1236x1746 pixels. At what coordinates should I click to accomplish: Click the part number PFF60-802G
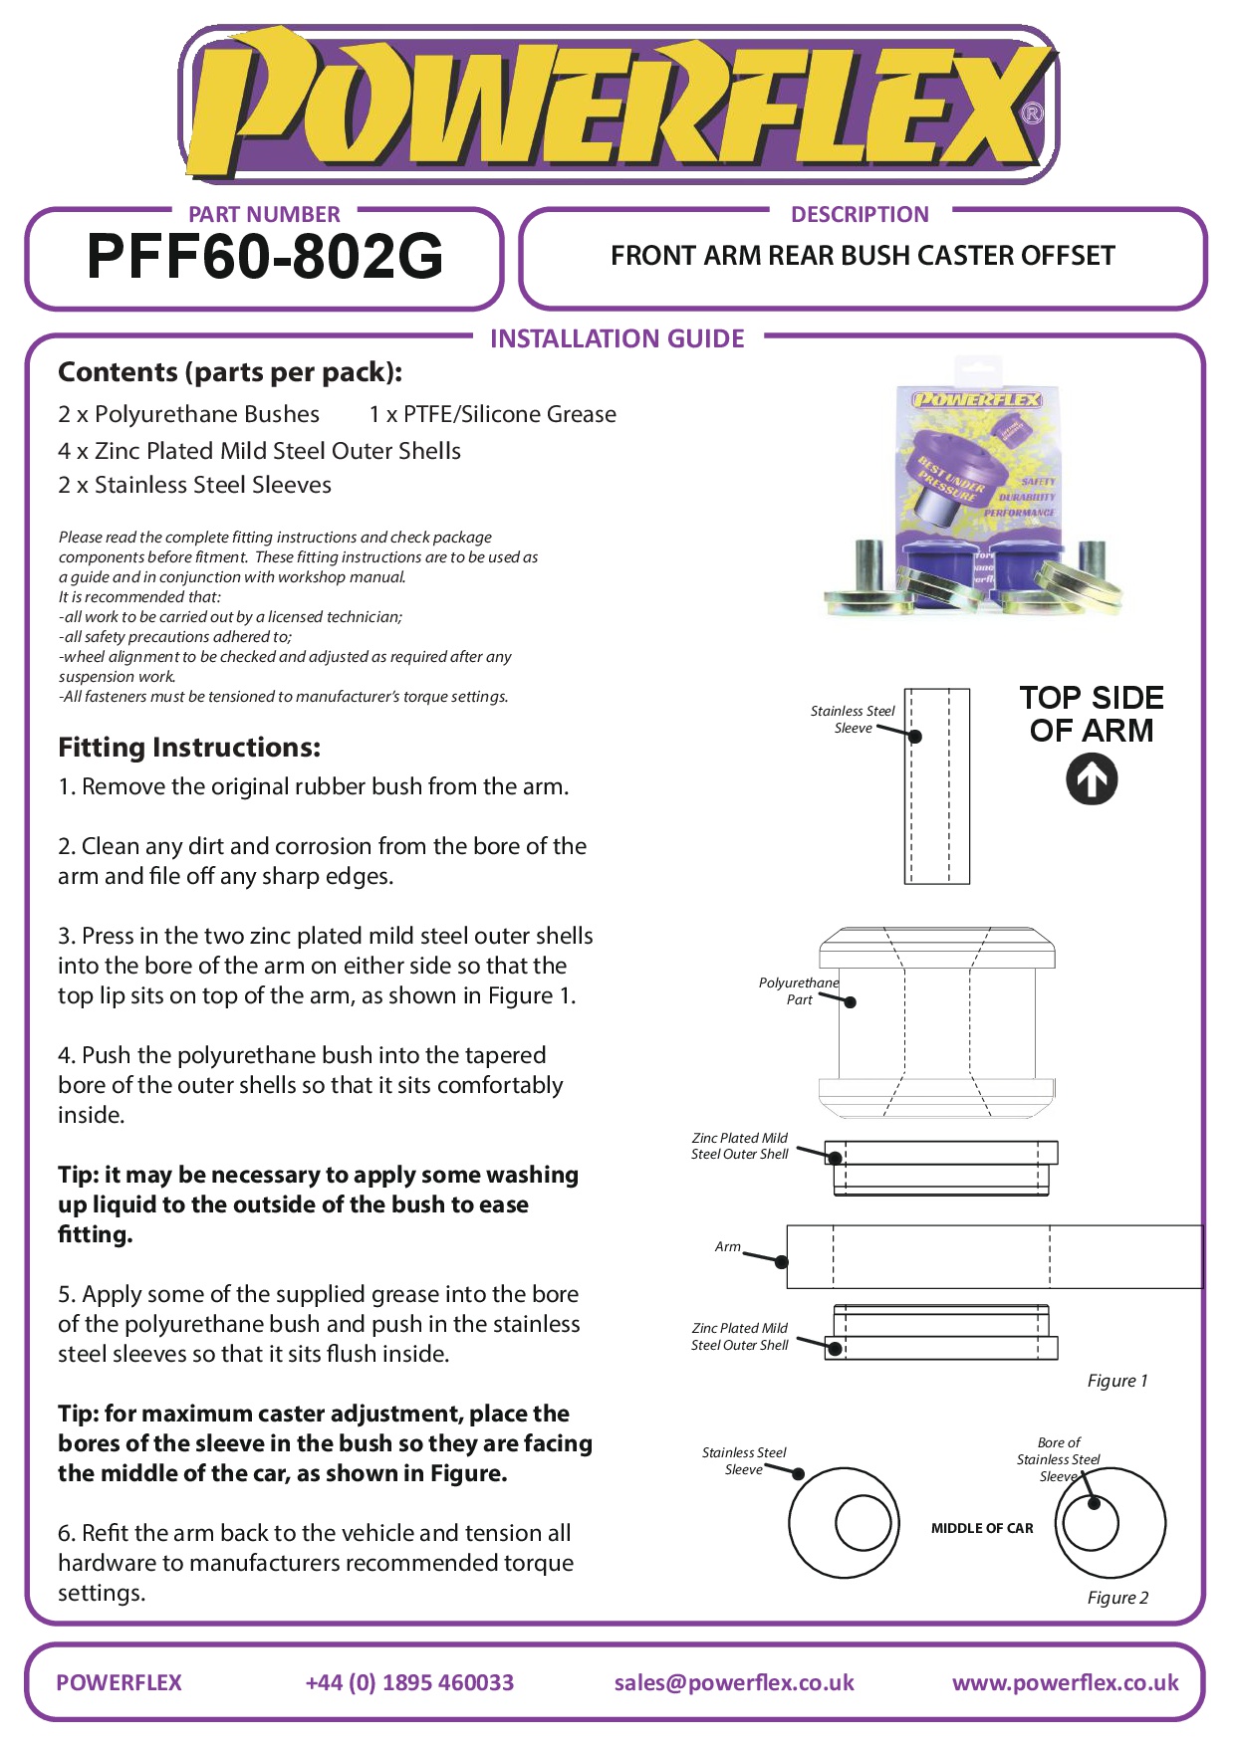(x=265, y=257)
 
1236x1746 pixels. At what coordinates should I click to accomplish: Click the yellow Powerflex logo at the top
(x=618, y=105)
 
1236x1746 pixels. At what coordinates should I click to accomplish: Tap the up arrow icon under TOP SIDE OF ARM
(x=1092, y=779)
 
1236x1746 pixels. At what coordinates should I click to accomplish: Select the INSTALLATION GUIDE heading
(x=617, y=339)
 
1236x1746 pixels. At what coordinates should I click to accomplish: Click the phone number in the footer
(x=409, y=1682)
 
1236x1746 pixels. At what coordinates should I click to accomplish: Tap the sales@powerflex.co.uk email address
(x=734, y=1682)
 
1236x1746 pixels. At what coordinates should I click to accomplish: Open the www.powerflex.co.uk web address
(x=1065, y=1682)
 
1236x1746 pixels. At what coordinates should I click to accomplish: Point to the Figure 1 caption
(x=1117, y=1381)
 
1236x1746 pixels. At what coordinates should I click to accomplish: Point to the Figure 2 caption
(x=1117, y=1598)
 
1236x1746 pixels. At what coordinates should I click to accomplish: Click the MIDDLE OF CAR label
(x=982, y=1528)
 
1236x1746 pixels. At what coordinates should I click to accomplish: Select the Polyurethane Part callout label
(x=799, y=990)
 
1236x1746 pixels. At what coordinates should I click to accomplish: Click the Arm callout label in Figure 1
(x=728, y=1246)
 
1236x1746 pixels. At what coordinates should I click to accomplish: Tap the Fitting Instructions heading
(x=189, y=748)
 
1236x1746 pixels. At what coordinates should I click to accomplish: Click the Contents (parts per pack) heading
(x=230, y=372)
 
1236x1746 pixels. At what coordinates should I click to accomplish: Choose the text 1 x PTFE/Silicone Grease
(x=492, y=414)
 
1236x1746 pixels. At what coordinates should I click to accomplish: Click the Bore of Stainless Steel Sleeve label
(x=1058, y=1459)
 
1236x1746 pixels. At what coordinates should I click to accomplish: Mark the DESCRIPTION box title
(x=860, y=215)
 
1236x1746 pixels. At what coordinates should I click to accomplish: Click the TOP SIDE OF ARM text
(x=1092, y=714)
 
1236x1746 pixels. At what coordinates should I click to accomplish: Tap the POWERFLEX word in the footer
(x=120, y=1682)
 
